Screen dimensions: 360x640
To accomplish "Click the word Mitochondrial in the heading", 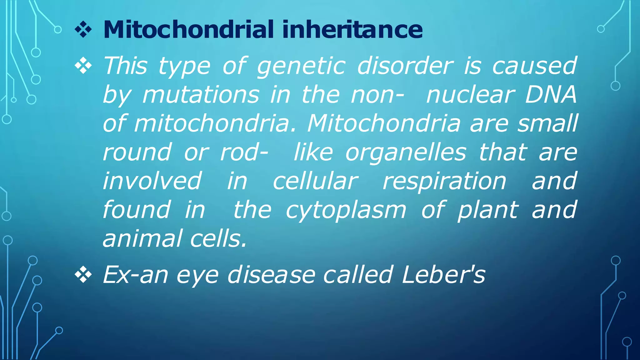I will tap(188, 29).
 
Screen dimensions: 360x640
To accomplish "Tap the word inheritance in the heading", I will tap(352, 29).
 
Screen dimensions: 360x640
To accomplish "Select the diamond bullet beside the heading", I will tap(83, 30).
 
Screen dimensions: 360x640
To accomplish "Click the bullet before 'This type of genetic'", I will tap(83, 66).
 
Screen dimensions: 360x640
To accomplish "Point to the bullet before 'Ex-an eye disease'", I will tap(83, 275).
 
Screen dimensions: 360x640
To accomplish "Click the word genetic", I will tap(301, 66).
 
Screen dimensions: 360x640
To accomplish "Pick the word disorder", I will tap(405, 66).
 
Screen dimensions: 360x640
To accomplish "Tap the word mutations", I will tap(201, 94).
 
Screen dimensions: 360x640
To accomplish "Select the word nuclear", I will tap(470, 94).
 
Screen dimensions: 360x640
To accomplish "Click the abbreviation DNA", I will tap(551, 94).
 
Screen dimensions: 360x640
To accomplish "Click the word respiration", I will tap(444, 182).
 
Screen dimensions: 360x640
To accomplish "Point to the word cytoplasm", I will tap(346, 210).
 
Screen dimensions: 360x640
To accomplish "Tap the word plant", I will tap(488, 210).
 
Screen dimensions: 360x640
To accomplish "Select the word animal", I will tap(142, 238).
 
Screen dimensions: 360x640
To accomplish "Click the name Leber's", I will tap(444, 275).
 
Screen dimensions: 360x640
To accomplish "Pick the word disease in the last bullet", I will tap(271, 275).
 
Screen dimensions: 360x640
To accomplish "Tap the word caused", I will tap(534, 66).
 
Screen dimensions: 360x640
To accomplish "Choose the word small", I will tap(547, 123).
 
